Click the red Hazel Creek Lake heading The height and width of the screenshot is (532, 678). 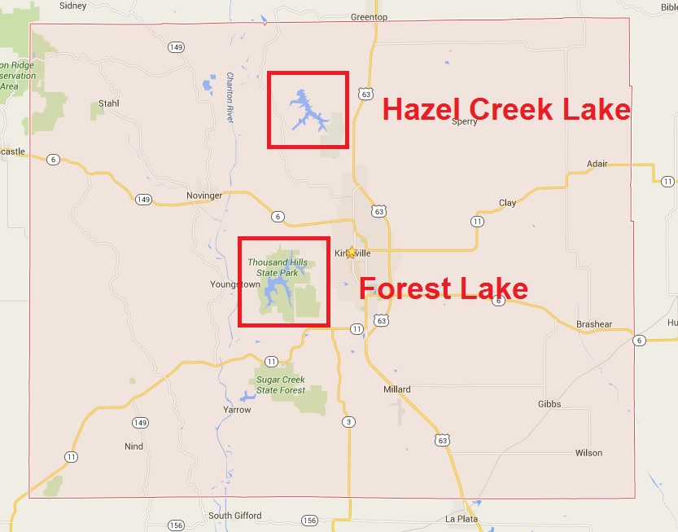click(x=506, y=109)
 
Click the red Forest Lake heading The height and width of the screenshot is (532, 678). click(x=444, y=288)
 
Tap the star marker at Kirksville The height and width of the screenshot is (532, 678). click(x=351, y=253)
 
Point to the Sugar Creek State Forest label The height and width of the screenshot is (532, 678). click(x=281, y=385)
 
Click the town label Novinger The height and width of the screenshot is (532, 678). click(x=203, y=196)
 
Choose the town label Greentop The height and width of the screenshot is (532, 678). click(x=369, y=17)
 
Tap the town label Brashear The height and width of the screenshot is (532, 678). click(x=593, y=324)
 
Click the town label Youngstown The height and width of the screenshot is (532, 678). click(x=235, y=284)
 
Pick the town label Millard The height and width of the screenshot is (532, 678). click(x=397, y=389)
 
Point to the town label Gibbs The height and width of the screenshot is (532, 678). click(x=549, y=404)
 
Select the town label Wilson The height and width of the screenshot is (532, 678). click(x=588, y=453)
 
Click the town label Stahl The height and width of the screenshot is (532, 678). click(x=108, y=103)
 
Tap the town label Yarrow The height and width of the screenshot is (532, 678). click(x=237, y=410)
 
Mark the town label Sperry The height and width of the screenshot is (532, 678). click(x=464, y=121)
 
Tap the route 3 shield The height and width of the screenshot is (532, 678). click(x=348, y=421)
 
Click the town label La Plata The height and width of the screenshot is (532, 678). click(x=461, y=519)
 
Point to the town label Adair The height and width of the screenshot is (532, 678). click(x=597, y=164)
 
